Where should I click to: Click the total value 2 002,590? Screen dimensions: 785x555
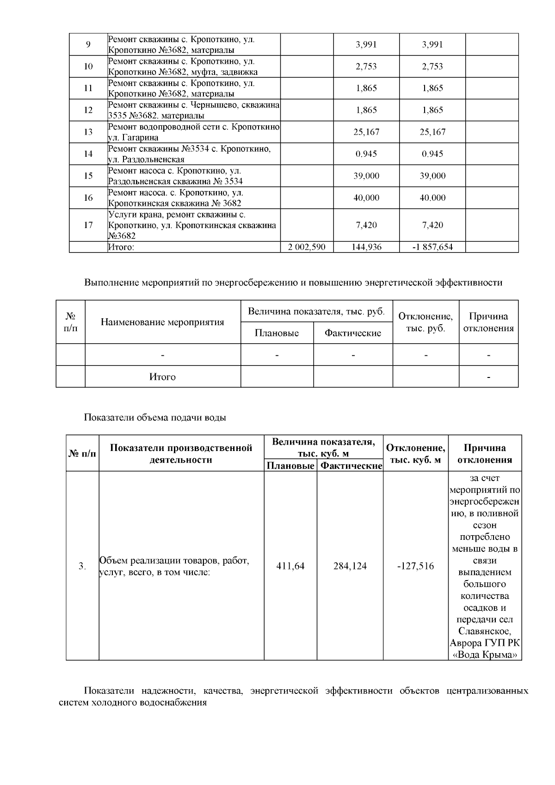click(x=307, y=247)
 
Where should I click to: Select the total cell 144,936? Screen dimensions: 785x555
click(x=366, y=247)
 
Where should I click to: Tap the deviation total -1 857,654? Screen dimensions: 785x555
click(x=432, y=247)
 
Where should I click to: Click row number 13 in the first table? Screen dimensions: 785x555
click(x=88, y=132)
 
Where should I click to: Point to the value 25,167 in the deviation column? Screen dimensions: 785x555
click(x=432, y=132)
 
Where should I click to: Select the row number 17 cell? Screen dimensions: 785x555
click(x=88, y=225)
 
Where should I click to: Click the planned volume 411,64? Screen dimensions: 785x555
click(x=290, y=566)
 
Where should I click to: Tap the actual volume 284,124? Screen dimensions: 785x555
click(x=350, y=566)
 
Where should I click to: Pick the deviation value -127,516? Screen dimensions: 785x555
click(x=415, y=566)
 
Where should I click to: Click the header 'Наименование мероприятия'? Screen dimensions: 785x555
click(x=162, y=322)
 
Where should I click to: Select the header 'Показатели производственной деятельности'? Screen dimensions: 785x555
click(x=181, y=454)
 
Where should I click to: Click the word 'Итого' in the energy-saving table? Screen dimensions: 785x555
click(x=162, y=377)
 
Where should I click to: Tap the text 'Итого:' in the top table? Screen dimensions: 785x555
click(x=121, y=247)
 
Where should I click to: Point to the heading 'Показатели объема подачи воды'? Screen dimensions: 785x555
click(x=155, y=418)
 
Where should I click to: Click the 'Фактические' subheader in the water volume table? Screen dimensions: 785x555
click(x=351, y=466)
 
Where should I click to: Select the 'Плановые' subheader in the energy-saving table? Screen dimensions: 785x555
click(x=277, y=333)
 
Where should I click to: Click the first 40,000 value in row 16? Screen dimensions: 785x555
click(x=366, y=198)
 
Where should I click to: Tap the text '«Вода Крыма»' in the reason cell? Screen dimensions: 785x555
click(x=485, y=655)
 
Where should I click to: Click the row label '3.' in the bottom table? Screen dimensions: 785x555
click(x=82, y=566)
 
